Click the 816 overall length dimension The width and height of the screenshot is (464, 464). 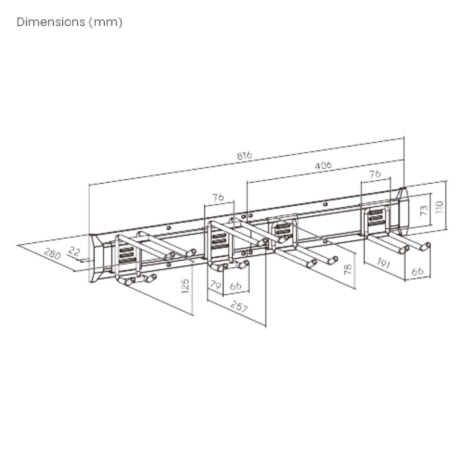point(245,155)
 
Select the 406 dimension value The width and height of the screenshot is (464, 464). point(323,165)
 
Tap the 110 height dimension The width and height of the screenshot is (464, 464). point(439,207)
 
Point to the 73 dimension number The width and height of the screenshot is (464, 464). point(424,210)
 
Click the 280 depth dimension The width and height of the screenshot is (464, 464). point(52,254)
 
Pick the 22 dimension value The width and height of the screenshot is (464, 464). point(74,251)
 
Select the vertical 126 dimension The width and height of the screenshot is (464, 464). point(185,286)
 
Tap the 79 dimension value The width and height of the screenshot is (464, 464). point(215,285)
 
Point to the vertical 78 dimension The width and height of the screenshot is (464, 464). point(348,269)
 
